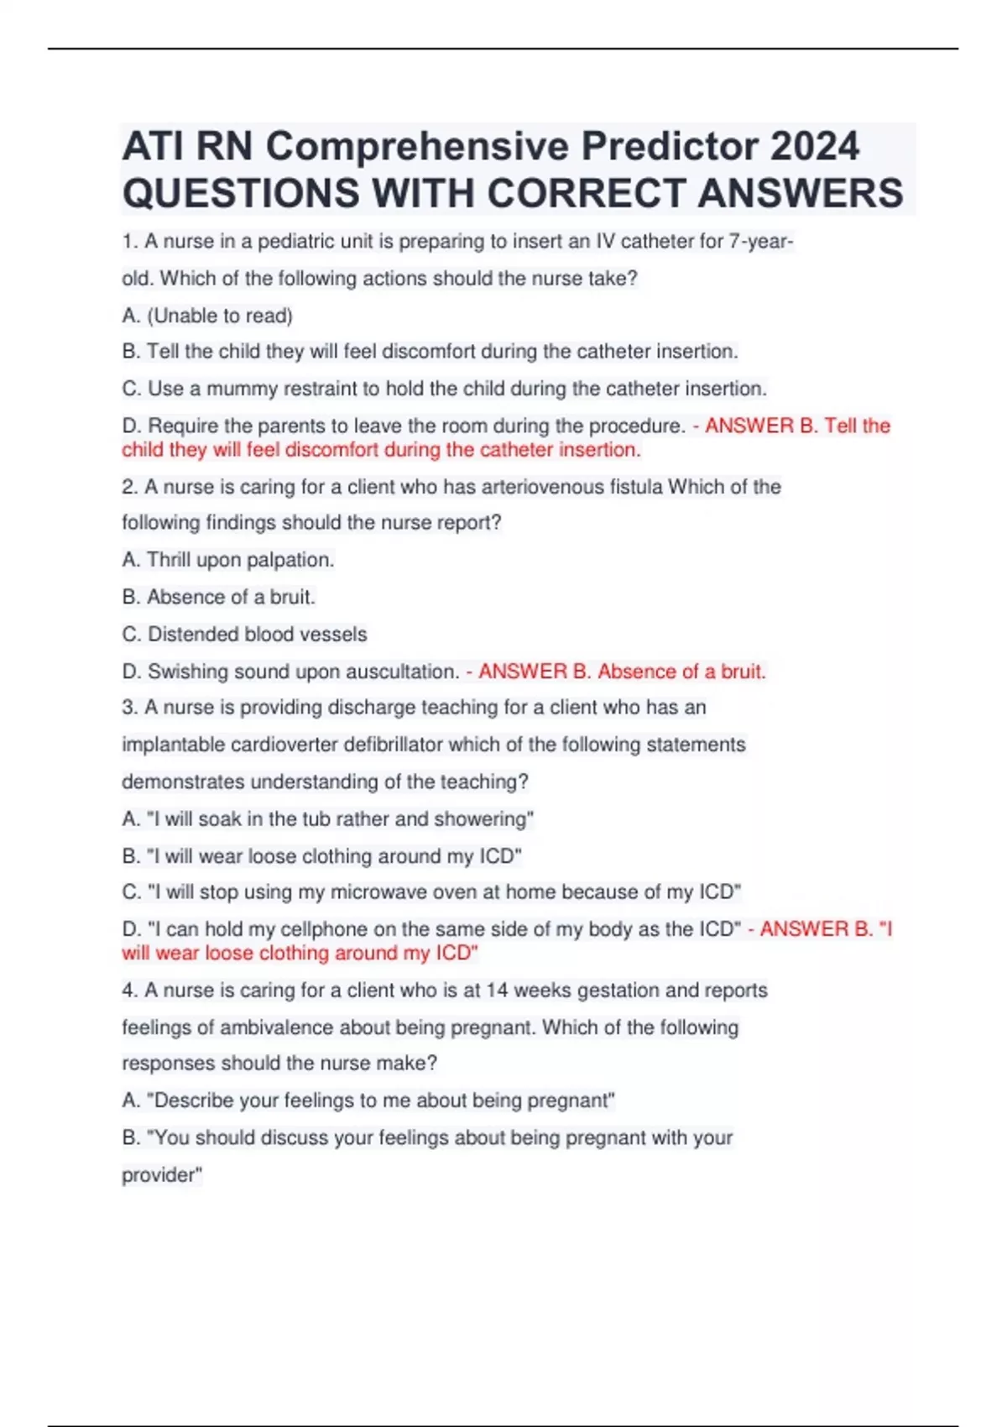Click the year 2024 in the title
814,146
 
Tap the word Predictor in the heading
670,146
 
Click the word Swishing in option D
188,672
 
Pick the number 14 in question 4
497,991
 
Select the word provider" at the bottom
162,1175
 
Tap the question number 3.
128,708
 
